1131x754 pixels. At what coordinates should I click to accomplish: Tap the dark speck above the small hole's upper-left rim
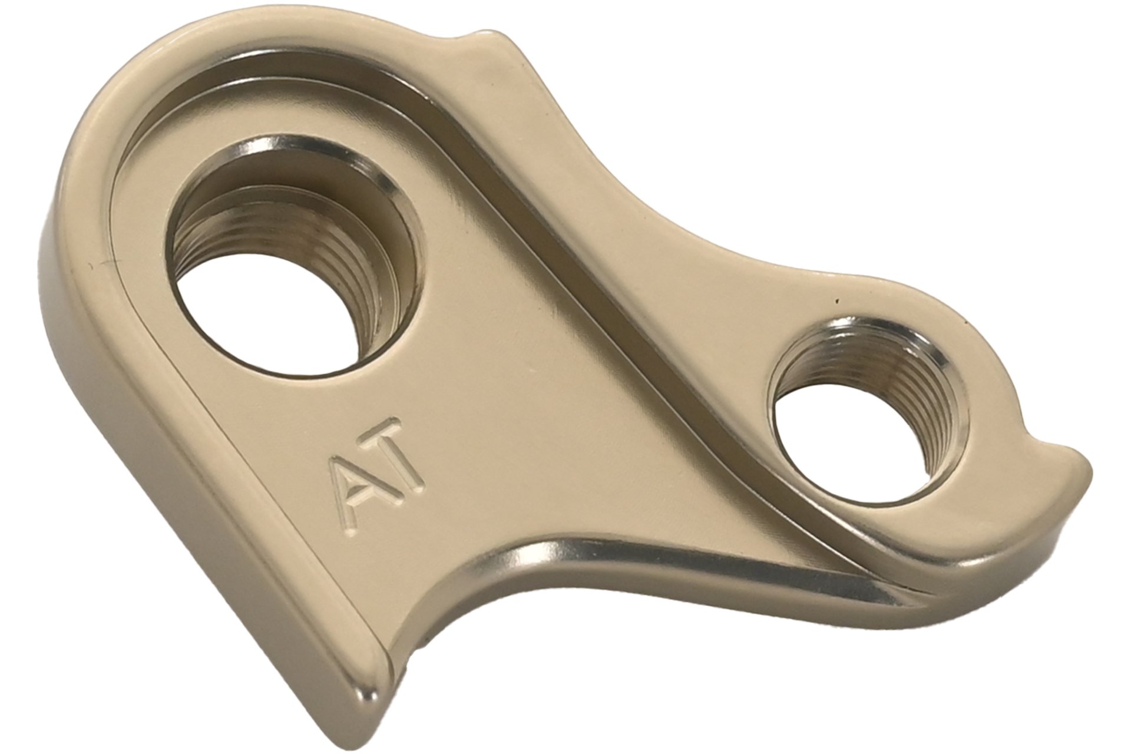click(x=835, y=303)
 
